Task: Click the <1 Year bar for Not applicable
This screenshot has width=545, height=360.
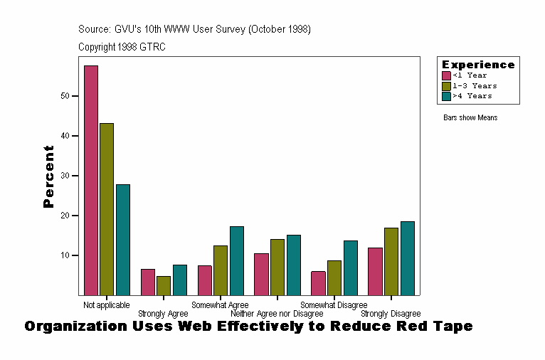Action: point(91,180)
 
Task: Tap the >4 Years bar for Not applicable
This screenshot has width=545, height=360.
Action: point(123,240)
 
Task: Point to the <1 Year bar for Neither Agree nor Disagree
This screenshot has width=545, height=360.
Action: point(261,274)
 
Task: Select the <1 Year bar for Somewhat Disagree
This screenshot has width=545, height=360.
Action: point(318,283)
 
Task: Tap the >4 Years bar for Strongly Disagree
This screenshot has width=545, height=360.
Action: point(407,258)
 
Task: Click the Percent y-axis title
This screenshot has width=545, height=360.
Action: point(48,176)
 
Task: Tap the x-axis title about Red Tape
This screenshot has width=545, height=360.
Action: point(248,327)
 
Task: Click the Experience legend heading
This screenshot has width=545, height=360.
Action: point(478,65)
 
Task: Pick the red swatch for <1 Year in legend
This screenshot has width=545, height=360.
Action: point(446,75)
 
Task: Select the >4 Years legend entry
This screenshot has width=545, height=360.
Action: point(472,95)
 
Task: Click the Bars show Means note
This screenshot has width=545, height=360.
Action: point(470,118)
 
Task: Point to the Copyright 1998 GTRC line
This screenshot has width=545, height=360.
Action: point(122,47)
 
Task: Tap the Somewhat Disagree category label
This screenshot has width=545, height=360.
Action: point(334,305)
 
